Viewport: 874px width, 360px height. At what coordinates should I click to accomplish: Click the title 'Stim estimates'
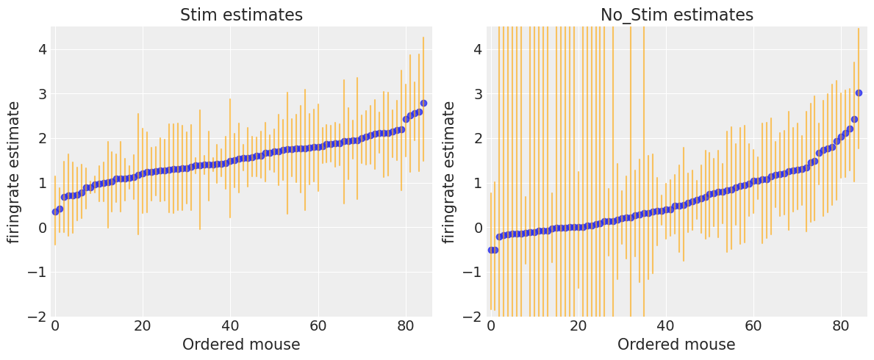[x=241, y=15]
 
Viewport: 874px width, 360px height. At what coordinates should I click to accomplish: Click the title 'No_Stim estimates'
[x=676, y=15]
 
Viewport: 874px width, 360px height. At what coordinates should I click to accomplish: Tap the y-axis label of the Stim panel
[x=14, y=172]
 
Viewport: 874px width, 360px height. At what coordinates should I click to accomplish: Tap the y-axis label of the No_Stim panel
[x=449, y=172]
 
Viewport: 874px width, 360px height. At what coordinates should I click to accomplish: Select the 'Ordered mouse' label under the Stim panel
[x=241, y=345]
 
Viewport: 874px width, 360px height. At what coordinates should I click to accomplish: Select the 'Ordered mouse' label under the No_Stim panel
[x=676, y=345]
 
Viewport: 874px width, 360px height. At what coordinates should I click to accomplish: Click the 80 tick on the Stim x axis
[x=406, y=326]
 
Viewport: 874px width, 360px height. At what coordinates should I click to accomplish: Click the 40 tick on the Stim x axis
[x=230, y=326]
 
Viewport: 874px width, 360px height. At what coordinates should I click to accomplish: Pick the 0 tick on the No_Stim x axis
[x=490, y=326]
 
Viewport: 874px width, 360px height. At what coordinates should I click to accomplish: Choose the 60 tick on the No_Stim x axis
[x=753, y=326]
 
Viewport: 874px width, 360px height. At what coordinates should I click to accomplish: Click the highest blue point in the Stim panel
[x=423, y=104]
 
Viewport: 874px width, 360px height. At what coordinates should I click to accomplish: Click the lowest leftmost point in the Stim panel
[x=55, y=212]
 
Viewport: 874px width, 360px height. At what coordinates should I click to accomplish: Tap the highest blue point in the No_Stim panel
[x=859, y=93]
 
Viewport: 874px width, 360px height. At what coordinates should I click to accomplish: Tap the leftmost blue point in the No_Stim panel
[x=490, y=250]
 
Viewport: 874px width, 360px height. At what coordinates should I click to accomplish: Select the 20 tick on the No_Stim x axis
[x=578, y=326]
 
